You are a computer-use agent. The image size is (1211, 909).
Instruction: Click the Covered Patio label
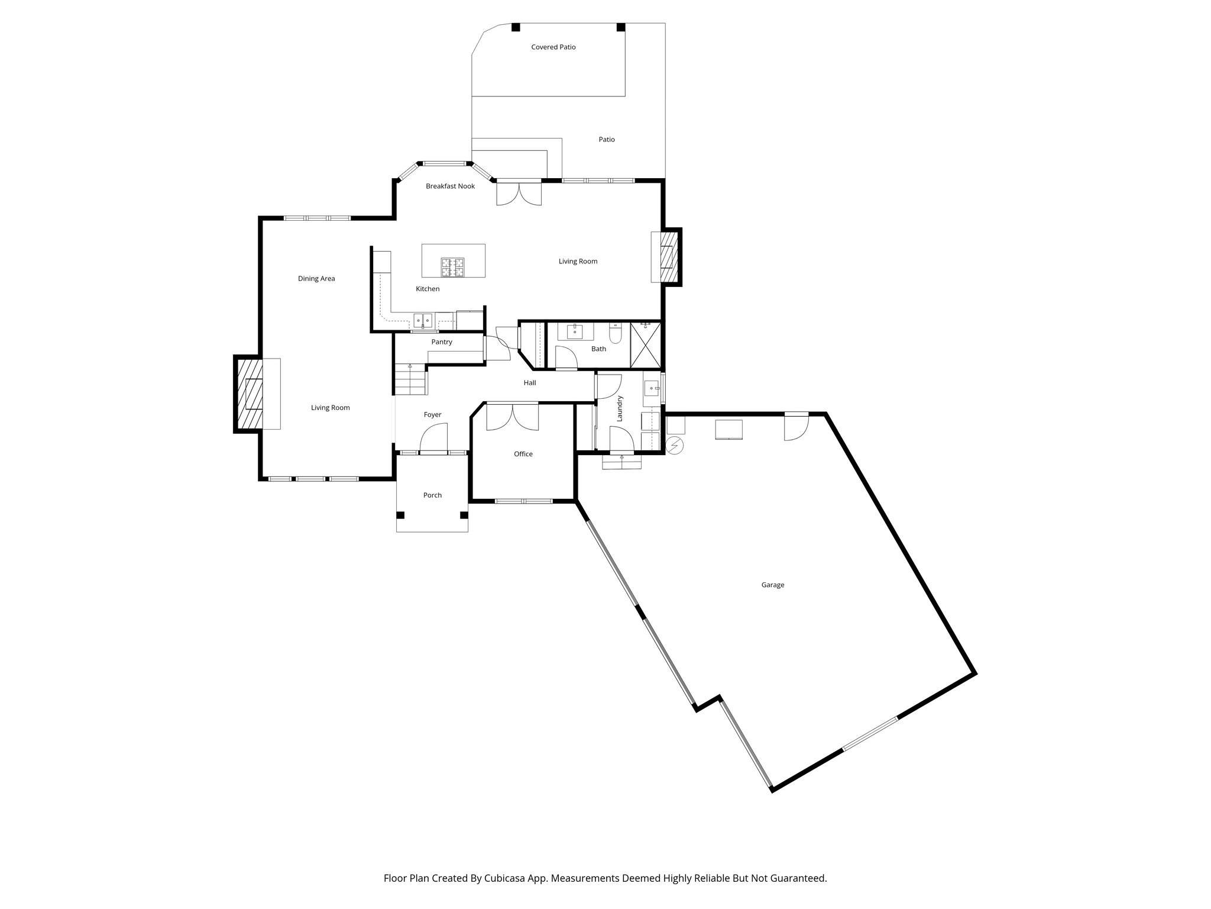point(553,47)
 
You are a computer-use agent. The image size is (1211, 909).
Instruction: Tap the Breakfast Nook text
point(450,186)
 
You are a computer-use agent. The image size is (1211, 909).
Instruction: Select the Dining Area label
point(316,279)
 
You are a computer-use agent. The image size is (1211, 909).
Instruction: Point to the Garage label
point(772,585)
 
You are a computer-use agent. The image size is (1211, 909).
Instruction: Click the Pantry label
point(442,342)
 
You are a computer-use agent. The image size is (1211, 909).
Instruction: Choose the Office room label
point(523,454)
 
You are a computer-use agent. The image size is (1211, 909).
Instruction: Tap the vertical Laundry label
point(620,408)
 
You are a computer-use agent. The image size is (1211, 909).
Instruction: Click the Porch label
point(432,495)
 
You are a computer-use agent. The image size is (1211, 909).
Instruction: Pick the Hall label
point(530,383)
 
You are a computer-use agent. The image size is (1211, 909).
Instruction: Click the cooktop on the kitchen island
point(452,267)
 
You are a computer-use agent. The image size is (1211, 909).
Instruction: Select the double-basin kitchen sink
point(423,321)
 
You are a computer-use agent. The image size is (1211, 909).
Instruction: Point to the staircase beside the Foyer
point(410,379)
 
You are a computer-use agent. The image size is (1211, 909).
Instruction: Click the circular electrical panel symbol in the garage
point(675,445)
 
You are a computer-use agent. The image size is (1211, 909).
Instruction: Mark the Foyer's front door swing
point(433,439)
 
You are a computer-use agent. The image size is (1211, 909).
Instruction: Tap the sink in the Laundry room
point(652,389)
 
